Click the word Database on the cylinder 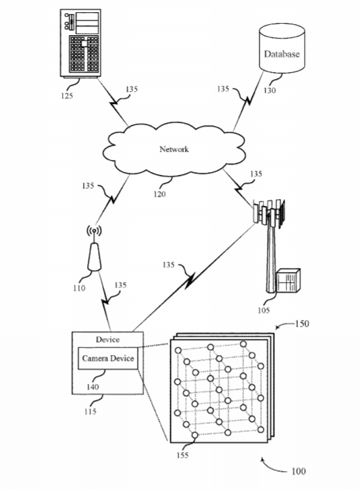282,54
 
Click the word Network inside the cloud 174,149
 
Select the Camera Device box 108,358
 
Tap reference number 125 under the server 67,95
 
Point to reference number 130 269,90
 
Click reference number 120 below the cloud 159,194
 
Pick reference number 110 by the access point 79,288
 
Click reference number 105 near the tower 263,310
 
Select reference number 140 93,387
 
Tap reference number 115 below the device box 90,411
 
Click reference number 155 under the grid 182,455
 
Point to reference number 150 302,323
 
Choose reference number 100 299,471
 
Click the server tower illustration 80,43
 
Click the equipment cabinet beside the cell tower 288,281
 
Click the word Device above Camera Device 107,339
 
